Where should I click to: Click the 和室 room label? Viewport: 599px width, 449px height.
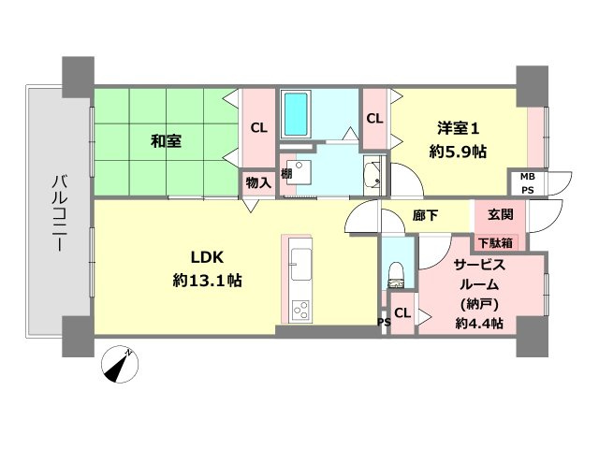(167, 142)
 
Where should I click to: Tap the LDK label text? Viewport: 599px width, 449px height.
(206, 257)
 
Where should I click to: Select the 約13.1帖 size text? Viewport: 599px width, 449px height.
(207, 280)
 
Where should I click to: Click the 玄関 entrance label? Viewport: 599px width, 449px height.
(501, 214)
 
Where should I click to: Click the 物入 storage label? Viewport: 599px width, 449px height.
(257, 183)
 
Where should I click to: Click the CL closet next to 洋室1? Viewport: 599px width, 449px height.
(374, 119)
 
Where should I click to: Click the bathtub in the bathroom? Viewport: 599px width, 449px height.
(298, 113)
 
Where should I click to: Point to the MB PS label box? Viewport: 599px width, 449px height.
(528, 182)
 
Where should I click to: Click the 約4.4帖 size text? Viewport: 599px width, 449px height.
(480, 324)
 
